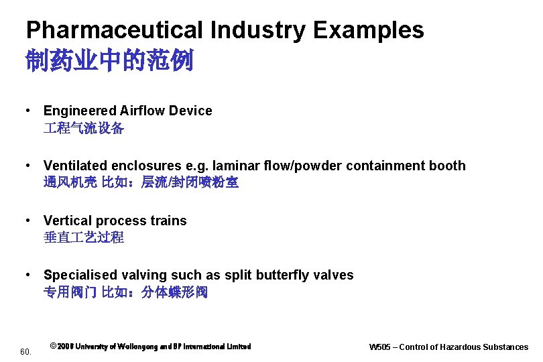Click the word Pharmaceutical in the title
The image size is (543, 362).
[x=113, y=30]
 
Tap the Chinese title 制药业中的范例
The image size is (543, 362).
[x=109, y=61]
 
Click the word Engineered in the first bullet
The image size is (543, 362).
[x=79, y=111]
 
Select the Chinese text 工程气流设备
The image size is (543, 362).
[x=84, y=128]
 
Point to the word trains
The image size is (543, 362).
[x=169, y=221]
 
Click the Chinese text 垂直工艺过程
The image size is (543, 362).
[x=84, y=237]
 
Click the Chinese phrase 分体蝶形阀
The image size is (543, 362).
[x=174, y=292]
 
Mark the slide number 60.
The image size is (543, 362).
[x=25, y=351]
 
